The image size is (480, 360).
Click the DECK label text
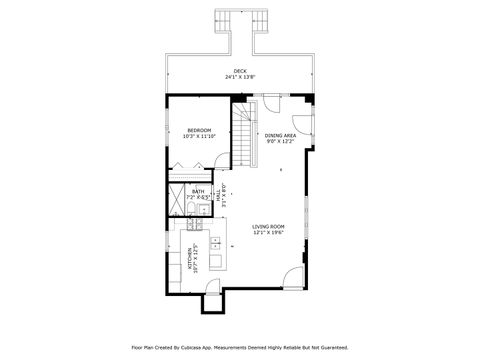(240, 71)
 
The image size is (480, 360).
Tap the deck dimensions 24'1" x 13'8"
(240, 77)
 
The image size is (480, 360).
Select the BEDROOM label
(199, 130)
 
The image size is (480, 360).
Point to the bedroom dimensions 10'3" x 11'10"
(199, 136)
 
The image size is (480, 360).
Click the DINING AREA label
(279, 135)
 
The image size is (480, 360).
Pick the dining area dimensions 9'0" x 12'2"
(279, 141)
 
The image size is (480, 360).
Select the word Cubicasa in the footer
(214, 348)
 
